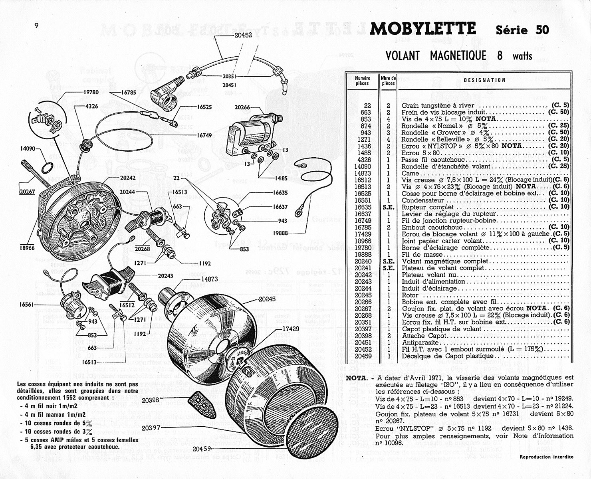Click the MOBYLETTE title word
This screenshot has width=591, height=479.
point(423,29)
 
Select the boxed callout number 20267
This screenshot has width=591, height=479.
point(28,191)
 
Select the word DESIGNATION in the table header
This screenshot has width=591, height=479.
point(484,80)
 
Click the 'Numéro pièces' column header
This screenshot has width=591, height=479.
point(363,81)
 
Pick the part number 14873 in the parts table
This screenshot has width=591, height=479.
point(363,173)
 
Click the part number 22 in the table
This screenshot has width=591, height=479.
point(367,105)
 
